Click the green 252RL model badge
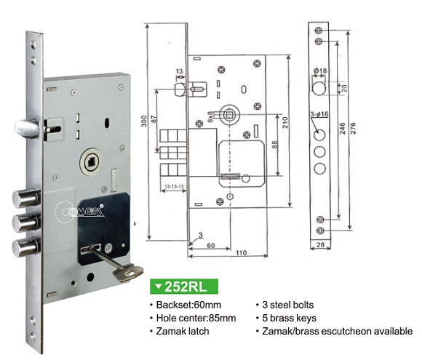[184, 287]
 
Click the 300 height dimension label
[144, 121]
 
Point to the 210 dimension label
[284, 122]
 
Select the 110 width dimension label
[241, 252]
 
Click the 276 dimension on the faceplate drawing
[353, 128]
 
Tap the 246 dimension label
[342, 128]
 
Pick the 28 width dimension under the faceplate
[320, 244]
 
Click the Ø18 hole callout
[320, 71]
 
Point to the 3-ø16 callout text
[319, 114]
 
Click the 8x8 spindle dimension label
[210, 117]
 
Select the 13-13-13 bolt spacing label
[174, 186]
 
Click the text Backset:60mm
[188, 305]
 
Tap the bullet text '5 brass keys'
[290, 318]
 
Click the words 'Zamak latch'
[183, 331]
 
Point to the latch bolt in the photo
[27, 128]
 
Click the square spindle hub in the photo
[90, 162]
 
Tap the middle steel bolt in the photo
[25, 223]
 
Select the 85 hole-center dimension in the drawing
[274, 145]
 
